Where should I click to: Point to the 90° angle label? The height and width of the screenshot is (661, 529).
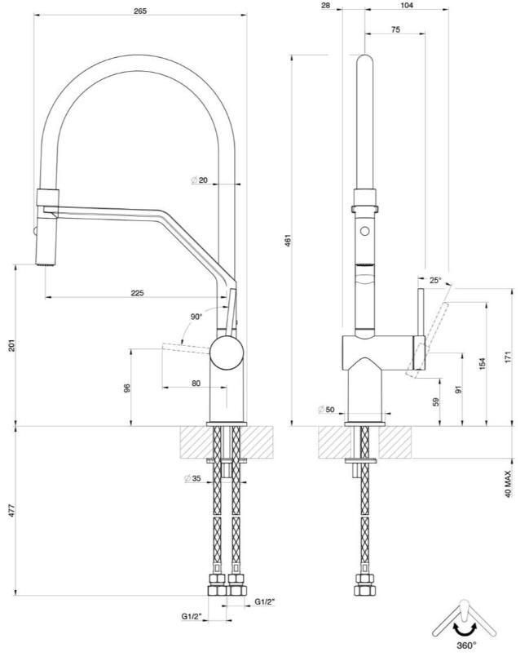pos(196,316)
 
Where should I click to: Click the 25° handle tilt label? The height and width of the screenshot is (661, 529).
pos(435,281)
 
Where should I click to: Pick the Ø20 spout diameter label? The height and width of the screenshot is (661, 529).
pos(201,180)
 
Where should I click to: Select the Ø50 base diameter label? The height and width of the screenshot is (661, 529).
pos(328,409)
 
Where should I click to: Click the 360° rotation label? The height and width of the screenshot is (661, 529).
pos(465,645)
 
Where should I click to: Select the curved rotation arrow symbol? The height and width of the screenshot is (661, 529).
pos(465,628)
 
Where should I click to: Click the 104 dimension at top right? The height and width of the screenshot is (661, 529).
pos(407,5)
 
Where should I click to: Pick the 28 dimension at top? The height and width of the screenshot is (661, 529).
pos(326,5)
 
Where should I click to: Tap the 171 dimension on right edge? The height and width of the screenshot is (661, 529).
pos(507,358)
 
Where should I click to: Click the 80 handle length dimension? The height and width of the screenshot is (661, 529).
pos(196,382)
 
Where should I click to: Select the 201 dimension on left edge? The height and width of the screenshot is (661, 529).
pos(12,346)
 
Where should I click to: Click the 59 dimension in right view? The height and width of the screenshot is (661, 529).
pos(435,401)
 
